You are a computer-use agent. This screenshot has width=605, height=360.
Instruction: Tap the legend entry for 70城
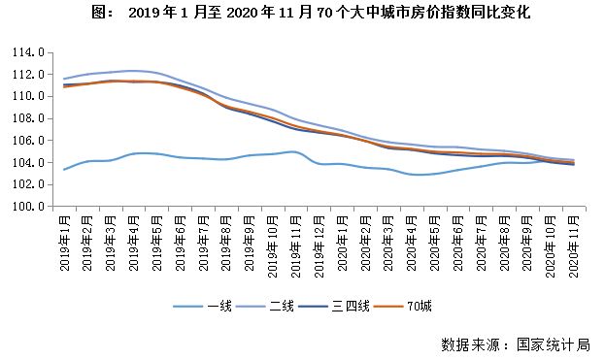(420, 307)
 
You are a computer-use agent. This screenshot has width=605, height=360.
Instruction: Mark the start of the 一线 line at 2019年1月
(64, 170)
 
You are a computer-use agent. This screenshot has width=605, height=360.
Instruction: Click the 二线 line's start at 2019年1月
(64, 79)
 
